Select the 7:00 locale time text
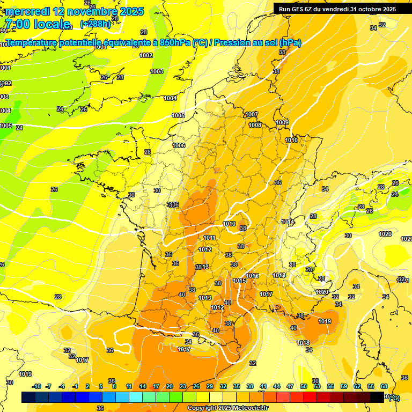coord(37,24)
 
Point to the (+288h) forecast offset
coord(95,24)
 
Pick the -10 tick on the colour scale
coord(36,386)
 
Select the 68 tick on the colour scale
coord(384,386)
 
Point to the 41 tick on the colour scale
coord(263,386)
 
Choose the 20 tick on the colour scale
coord(170,386)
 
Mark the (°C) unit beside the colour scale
coord(393,398)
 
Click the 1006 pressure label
coord(179,145)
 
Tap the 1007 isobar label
coord(252,114)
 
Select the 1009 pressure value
coord(282,123)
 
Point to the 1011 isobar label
coord(210,238)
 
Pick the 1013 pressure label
coord(205,298)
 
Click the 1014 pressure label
coord(288,222)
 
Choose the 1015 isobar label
coord(239,281)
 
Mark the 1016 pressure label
coord(253,276)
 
